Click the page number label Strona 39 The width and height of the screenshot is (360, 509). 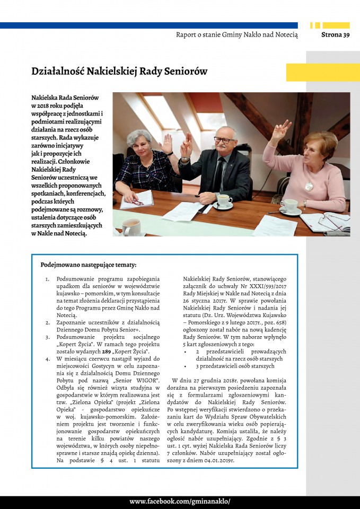pyautogui.click(x=335, y=35)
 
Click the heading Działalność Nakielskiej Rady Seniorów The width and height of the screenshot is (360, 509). pyautogui.click(x=119, y=71)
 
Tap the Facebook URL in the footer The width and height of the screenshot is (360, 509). pyautogui.click(x=180, y=502)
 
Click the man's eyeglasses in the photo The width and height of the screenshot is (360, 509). pyautogui.click(x=224, y=140)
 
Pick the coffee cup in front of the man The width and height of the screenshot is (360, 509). pyautogui.click(x=224, y=200)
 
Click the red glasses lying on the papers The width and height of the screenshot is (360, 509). pyautogui.click(x=136, y=202)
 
